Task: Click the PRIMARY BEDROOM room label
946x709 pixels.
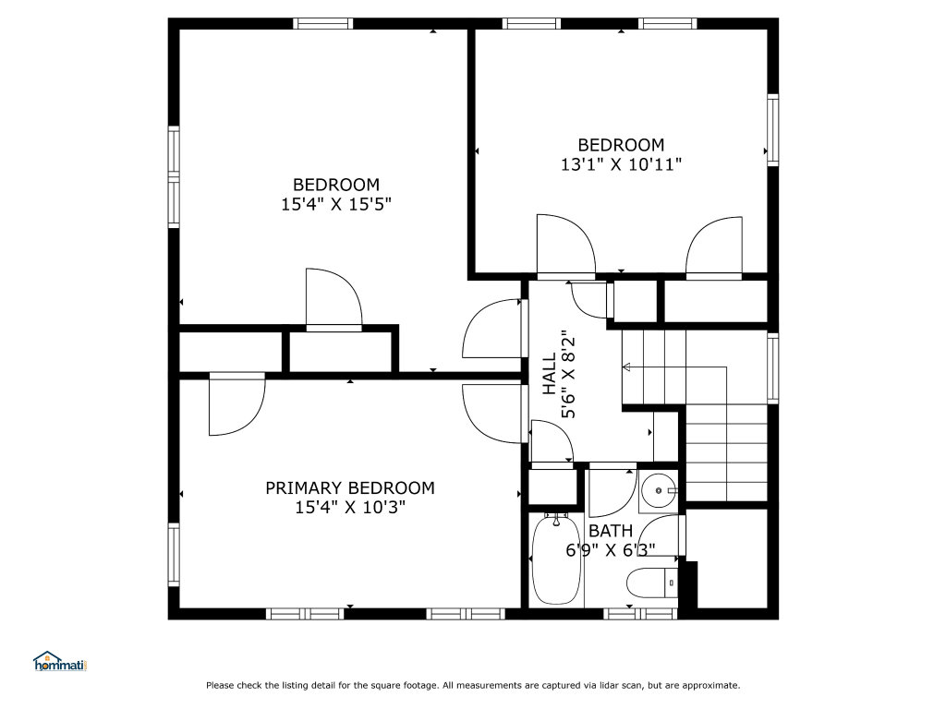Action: pos(350,487)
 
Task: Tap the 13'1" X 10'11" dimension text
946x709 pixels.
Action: pos(621,164)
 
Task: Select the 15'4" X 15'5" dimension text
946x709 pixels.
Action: pos(336,204)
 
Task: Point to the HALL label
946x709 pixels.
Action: pos(549,374)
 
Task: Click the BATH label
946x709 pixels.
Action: pos(611,531)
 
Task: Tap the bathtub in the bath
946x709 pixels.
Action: pos(555,559)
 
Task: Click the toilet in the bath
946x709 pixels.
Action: pos(653,583)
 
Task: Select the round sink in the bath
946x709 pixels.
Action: pos(658,491)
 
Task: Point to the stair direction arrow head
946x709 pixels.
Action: pos(626,367)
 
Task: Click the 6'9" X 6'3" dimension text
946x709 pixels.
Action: pos(611,550)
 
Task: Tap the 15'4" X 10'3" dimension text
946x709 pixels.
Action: pos(350,508)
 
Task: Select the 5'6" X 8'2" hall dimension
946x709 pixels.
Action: pos(568,374)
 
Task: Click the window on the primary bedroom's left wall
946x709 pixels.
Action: pos(174,555)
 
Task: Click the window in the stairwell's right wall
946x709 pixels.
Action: pos(773,367)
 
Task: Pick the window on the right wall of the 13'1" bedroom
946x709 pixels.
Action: pos(773,129)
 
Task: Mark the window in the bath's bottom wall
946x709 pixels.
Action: pos(641,614)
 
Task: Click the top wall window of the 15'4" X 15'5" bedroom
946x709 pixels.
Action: pos(322,23)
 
